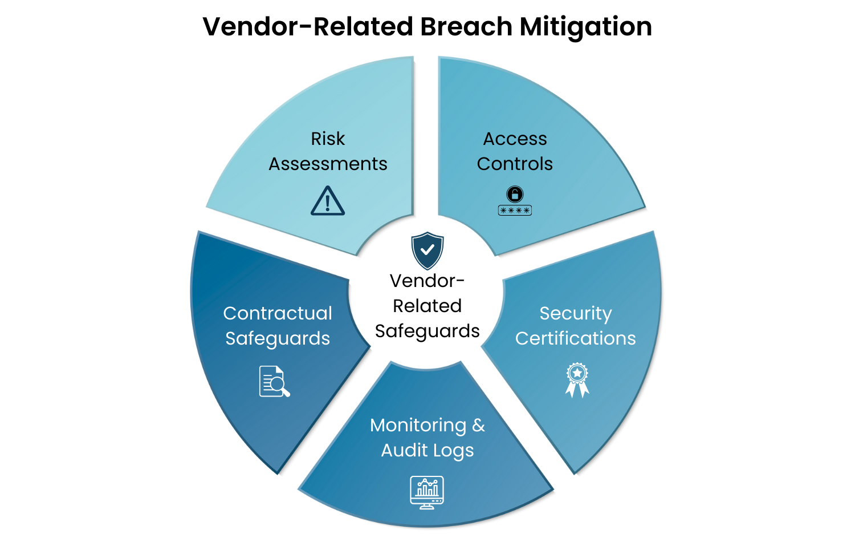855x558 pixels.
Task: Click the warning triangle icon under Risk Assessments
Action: pos(328,201)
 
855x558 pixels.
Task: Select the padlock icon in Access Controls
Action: pos(515,194)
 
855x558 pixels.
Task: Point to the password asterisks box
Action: pos(515,211)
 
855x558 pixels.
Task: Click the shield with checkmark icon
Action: pos(427,250)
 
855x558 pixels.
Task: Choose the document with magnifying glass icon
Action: pos(274,382)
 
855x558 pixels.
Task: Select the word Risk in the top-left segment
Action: pos(328,139)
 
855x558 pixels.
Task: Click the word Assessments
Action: pos(328,164)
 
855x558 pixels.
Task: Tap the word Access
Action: pos(515,139)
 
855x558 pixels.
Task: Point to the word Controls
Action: pos(515,164)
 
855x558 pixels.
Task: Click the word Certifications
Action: pos(575,338)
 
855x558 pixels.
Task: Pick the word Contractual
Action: pos(278,313)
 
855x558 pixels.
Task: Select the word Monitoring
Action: pos(418,425)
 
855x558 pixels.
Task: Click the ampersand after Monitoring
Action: pos(478,425)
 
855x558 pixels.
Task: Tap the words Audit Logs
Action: pos(427,450)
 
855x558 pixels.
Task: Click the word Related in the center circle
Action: pos(427,306)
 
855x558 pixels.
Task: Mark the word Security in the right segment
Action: pos(575,313)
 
